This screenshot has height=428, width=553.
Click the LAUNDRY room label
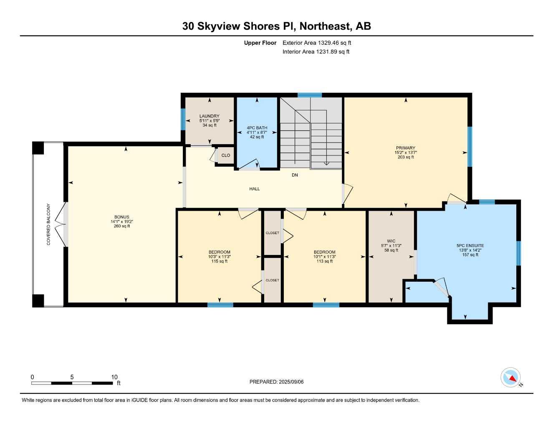209,116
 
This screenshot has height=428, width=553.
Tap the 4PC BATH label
257,128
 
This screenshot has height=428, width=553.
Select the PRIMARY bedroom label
405,148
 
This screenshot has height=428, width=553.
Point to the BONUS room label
121,217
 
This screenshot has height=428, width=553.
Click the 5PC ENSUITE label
470,246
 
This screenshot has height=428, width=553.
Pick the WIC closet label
391,241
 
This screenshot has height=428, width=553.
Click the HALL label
255,189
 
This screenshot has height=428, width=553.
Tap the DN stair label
295,175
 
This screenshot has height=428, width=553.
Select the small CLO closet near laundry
225,155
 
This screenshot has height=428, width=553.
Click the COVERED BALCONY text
48,224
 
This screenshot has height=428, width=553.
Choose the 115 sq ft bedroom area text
219,262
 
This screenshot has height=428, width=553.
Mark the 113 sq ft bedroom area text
324,262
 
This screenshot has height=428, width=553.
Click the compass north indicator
511,378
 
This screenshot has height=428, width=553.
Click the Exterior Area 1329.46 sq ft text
317,43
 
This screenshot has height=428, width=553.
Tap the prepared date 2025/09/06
276,382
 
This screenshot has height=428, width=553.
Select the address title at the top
276,26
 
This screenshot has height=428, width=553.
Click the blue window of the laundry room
183,119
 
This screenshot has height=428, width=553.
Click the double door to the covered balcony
64,224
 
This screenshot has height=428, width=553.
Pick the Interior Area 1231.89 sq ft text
316,52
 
